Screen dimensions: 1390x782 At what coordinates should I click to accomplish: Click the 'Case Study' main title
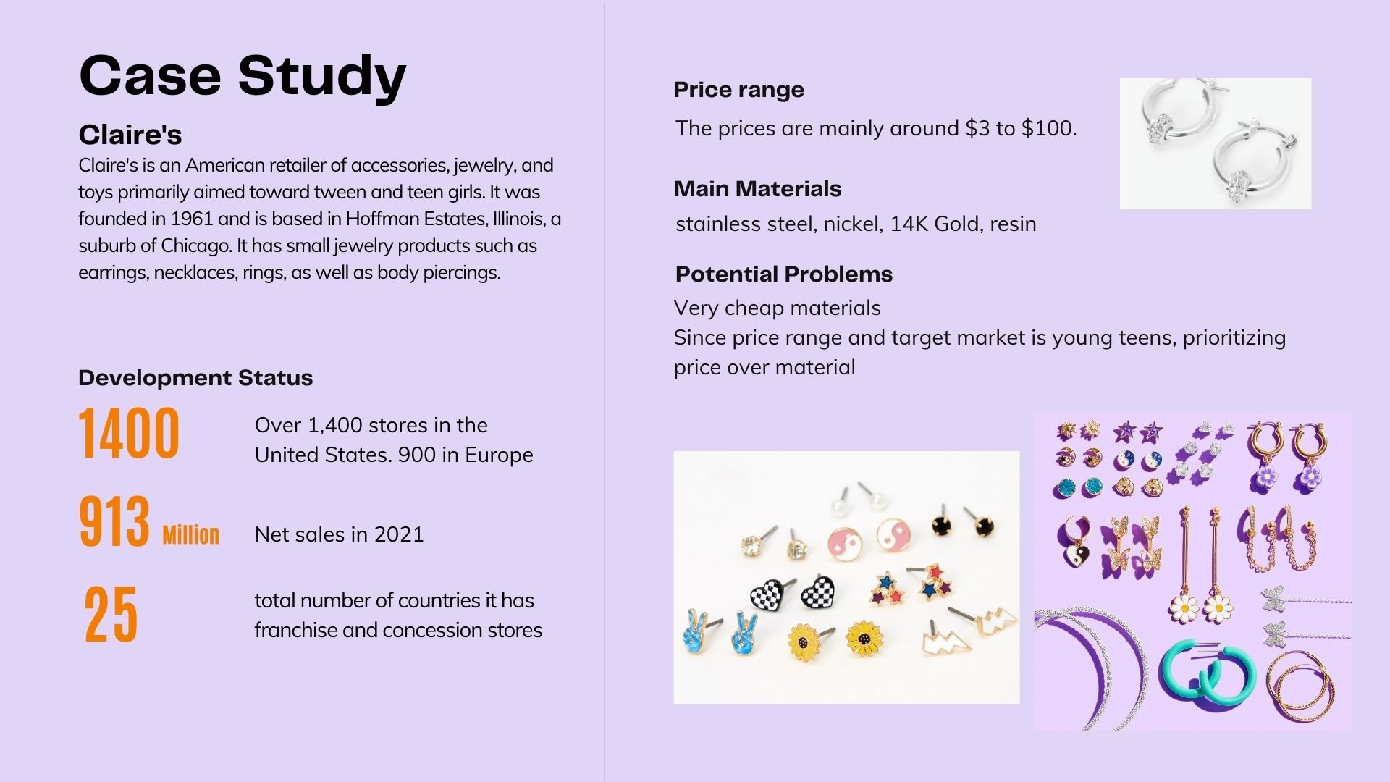coord(243,76)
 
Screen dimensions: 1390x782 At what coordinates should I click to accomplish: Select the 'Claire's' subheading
coord(130,135)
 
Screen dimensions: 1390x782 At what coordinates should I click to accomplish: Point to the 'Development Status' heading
coord(195,377)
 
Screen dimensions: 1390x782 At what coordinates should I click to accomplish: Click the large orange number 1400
coord(129,433)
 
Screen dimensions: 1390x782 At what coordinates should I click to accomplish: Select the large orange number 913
coord(114,521)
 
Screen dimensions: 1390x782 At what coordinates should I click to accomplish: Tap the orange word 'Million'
coord(190,534)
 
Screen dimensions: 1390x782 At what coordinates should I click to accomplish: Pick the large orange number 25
coord(111,615)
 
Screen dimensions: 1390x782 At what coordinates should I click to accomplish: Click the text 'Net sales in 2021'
coord(340,534)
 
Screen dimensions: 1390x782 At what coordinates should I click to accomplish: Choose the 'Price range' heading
coord(738,90)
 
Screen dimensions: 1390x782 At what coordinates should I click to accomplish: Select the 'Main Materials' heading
coord(757,189)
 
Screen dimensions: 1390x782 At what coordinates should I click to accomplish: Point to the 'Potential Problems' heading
coord(784,274)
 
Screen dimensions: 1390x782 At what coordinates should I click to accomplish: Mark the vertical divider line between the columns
coord(605,391)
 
